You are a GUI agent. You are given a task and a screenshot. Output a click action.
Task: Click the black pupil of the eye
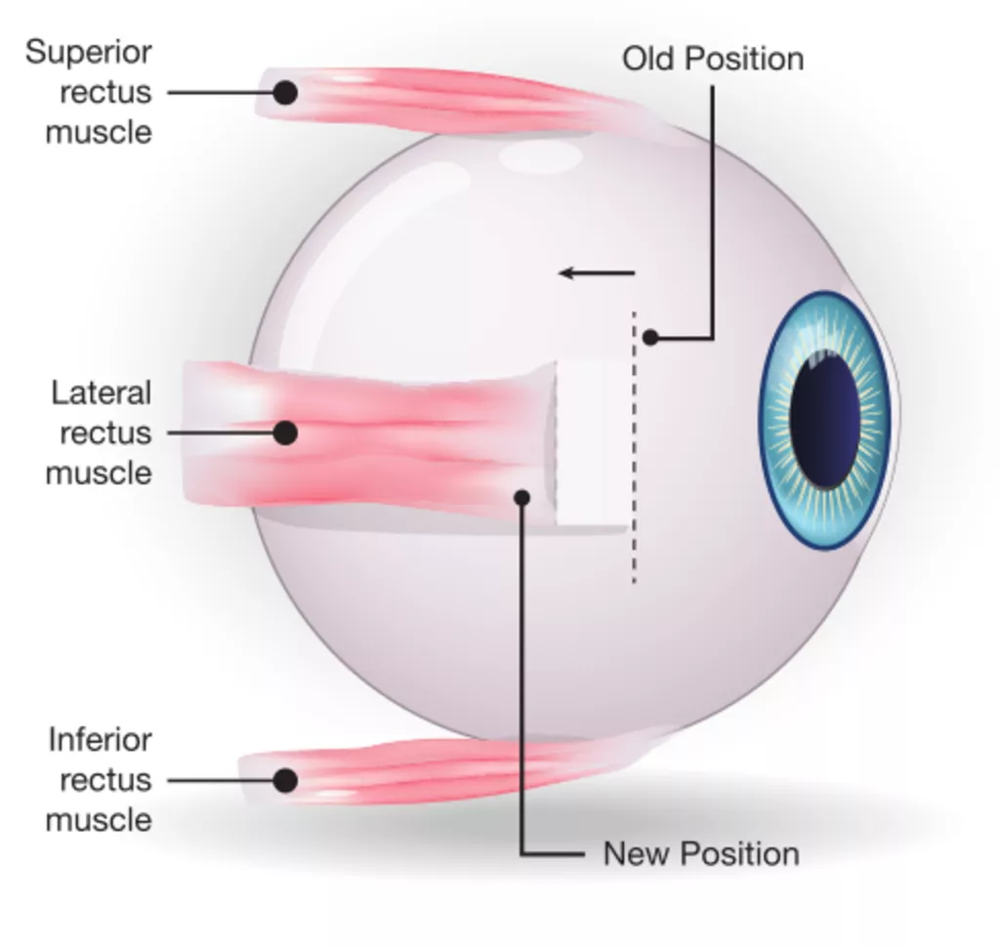point(825,420)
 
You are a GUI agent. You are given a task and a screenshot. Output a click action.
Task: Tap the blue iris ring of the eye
point(776,420)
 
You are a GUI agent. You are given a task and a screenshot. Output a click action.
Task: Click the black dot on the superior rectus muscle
point(284,93)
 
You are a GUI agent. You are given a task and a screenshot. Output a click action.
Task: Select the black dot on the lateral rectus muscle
point(284,433)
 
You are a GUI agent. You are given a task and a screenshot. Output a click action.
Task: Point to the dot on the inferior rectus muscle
point(284,780)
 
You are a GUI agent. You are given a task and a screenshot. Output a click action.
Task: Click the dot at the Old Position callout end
point(650,338)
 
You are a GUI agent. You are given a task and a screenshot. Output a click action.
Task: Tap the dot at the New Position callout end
point(522,498)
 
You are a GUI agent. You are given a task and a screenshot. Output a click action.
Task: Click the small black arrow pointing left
point(596,273)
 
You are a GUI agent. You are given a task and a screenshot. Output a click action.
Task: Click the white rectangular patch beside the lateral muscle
point(592,444)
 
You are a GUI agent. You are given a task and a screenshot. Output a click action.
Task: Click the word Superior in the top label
point(89,52)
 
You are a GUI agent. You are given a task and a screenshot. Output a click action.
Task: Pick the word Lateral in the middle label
point(102,393)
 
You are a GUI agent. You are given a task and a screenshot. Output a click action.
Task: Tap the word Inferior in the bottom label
point(100,740)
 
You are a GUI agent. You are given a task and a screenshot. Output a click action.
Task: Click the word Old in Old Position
point(648,59)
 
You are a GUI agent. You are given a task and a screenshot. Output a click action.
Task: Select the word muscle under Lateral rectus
point(99,474)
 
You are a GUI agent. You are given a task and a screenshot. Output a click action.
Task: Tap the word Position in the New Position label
point(739,854)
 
